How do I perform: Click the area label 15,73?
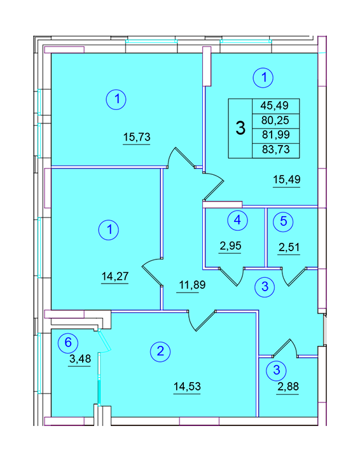pos(137,137)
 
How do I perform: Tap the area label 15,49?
pos(287,179)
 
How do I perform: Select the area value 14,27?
pos(115,276)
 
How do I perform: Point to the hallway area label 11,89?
pos(192,285)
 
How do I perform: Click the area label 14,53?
pos(187,386)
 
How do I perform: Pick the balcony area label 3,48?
pos(80,359)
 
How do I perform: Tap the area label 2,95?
pos(231,245)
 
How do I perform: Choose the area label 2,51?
pos(289,247)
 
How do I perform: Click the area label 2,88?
pos(288,387)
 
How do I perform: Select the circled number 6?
pos(68,342)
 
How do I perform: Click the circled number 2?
pos(160,351)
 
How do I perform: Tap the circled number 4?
pos(237,219)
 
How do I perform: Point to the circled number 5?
pos(283,221)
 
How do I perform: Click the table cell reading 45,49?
pos(276,106)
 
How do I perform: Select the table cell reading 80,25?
pos(276,121)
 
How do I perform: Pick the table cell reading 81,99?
pos(276,135)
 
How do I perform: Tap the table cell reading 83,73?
pos(276,149)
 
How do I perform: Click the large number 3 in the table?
pos(240,128)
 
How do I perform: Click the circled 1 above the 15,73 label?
pos(116,99)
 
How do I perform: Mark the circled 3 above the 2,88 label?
pos(276,370)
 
